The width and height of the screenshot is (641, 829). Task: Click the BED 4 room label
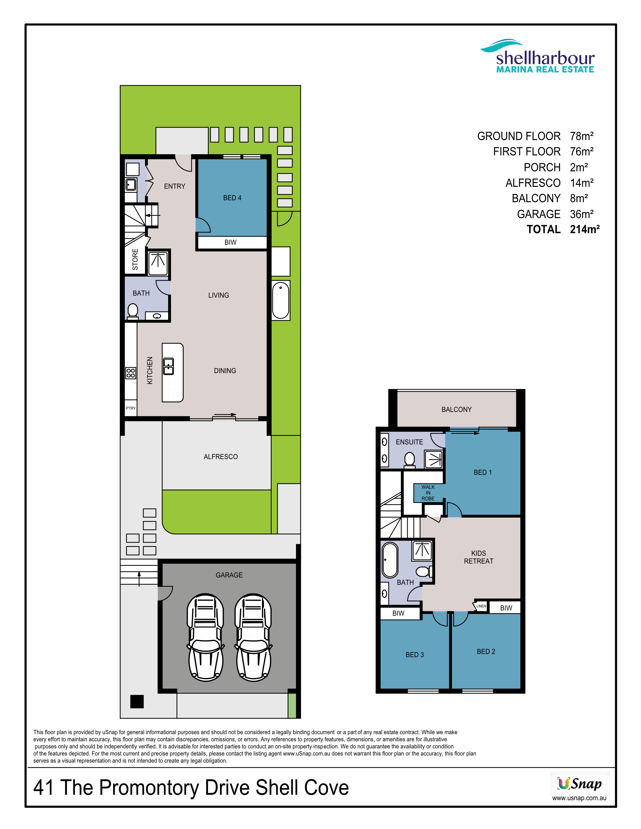(232, 198)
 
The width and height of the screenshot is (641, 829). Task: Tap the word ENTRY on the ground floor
(175, 186)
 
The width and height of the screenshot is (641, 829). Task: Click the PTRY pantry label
(131, 408)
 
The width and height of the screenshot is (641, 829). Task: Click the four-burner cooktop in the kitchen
(131, 373)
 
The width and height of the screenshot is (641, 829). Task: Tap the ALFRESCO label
(221, 457)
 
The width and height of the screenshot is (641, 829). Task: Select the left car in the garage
(205, 637)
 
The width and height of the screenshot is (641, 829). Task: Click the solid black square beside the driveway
(137, 701)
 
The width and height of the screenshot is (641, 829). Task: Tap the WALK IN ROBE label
(428, 493)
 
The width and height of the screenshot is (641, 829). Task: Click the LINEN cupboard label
(481, 606)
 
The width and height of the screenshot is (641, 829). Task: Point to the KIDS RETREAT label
(478, 557)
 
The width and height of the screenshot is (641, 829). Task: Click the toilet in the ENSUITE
(409, 459)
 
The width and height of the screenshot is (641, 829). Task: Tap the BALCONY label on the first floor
(456, 409)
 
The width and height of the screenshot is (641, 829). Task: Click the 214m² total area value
(585, 229)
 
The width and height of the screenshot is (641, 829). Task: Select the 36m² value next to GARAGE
(582, 214)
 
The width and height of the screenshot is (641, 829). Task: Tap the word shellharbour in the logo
(545, 58)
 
